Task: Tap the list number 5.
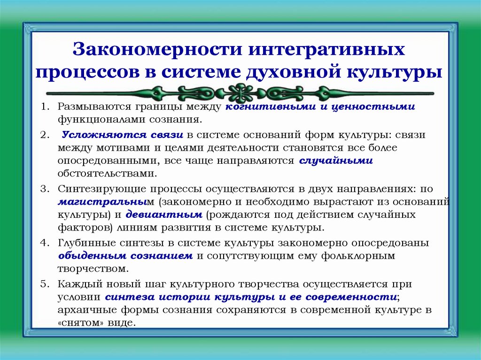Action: [x=44, y=284]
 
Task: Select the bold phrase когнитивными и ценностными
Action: [x=320, y=107]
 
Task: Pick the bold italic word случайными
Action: [x=335, y=161]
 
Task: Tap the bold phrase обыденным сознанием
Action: [x=125, y=256]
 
